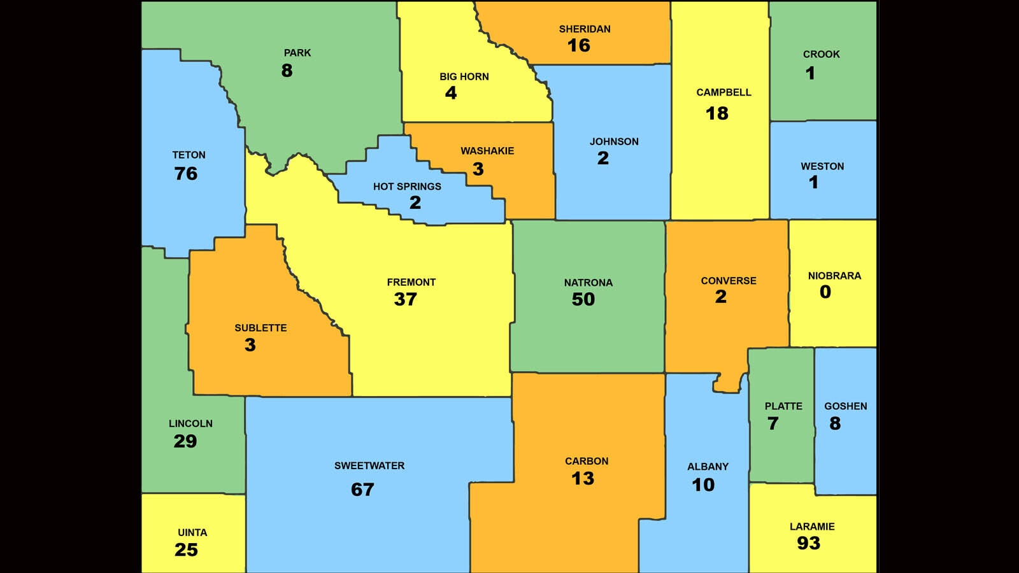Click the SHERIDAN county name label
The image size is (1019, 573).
click(x=585, y=29)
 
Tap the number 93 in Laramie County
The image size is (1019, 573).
click(x=808, y=543)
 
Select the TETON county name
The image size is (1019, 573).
click(x=189, y=155)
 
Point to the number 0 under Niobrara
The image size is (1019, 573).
click(x=825, y=292)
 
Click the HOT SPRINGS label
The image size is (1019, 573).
click(x=407, y=187)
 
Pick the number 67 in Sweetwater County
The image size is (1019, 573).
click(x=362, y=490)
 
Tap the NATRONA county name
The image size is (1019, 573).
click(x=588, y=283)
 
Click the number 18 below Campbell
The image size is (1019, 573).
click(x=716, y=113)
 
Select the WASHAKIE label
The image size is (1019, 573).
click(x=487, y=151)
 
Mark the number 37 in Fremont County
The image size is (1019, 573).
click(x=405, y=299)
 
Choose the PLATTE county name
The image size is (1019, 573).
click(x=783, y=406)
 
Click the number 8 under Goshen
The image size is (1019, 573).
click(x=835, y=423)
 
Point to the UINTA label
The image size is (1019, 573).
click(x=192, y=532)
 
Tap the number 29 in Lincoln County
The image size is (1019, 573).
click(x=185, y=441)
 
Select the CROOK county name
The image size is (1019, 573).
click(x=821, y=55)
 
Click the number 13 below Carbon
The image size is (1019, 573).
click(x=583, y=479)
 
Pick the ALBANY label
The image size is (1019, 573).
click(x=708, y=467)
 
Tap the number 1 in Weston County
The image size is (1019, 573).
click(x=813, y=183)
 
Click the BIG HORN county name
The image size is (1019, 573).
click(x=464, y=76)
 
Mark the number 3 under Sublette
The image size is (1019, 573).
click(x=250, y=345)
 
